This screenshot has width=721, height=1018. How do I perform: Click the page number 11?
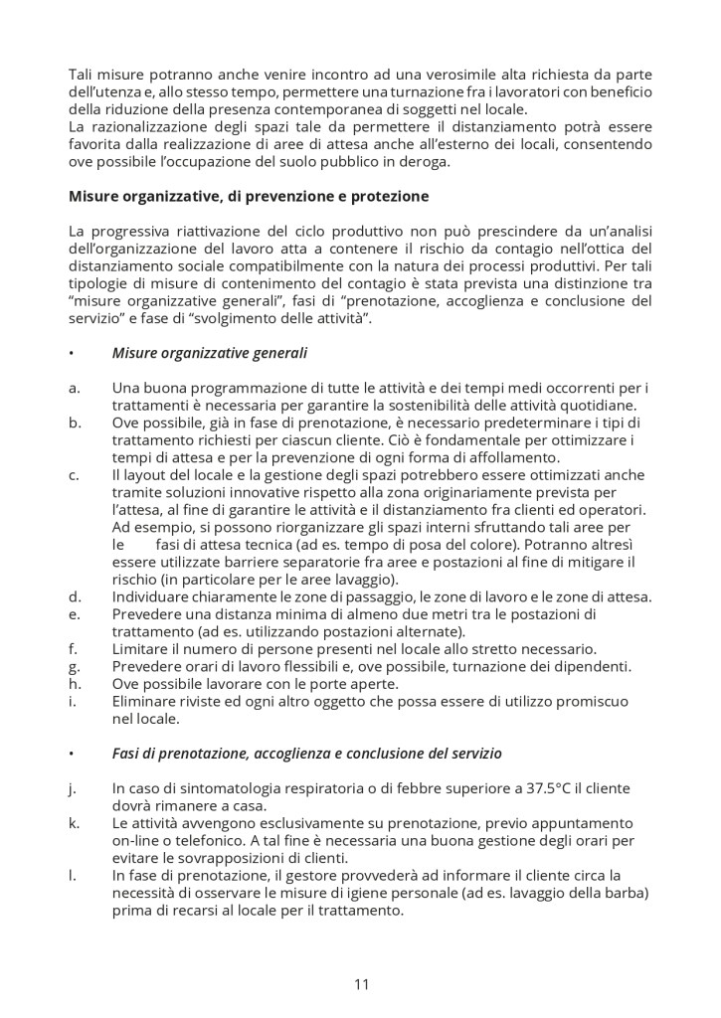pos(361,984)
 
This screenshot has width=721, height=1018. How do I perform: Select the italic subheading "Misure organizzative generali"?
pos(210,352)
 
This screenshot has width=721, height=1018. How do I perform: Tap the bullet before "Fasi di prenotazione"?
pos(72,754)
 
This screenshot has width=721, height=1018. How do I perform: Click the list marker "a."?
pos(75,387)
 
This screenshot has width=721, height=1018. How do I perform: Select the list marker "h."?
pos(75,683)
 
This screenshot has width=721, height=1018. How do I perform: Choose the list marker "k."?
pos(75,823)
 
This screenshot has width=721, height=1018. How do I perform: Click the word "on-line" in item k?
pos(136,840)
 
